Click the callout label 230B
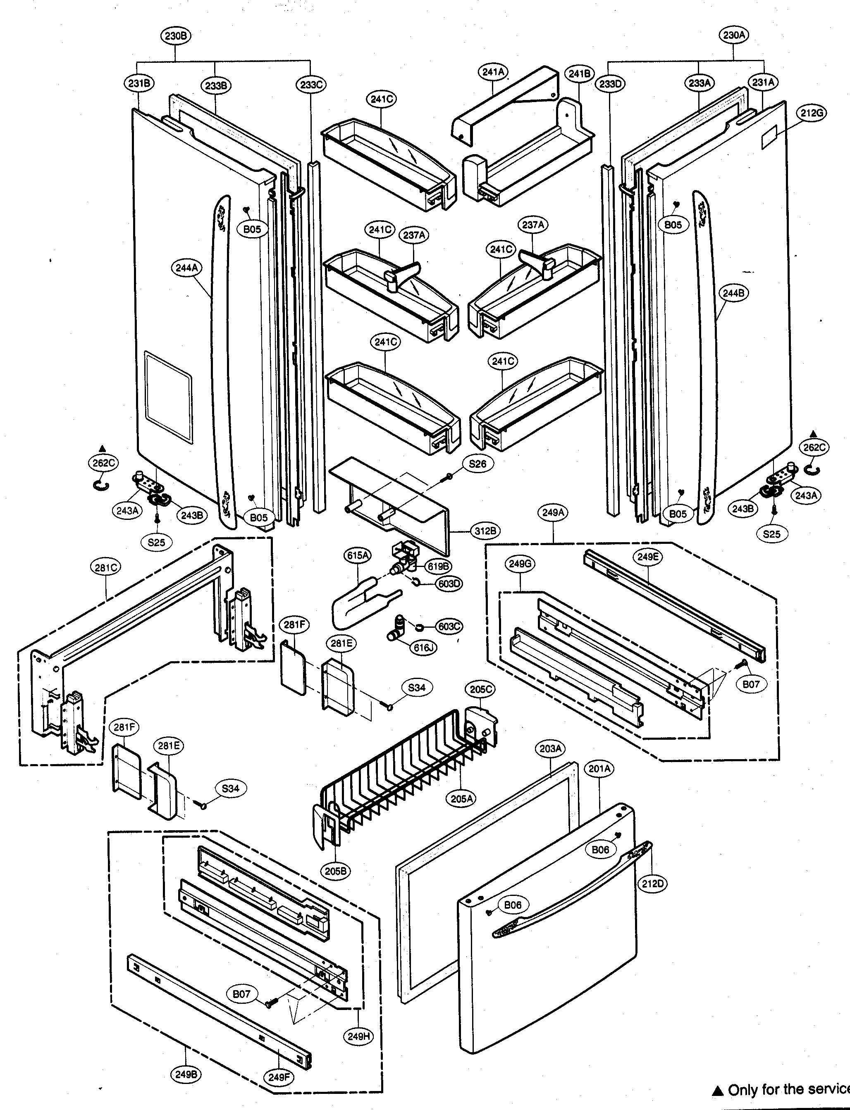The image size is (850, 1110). pos(177,36)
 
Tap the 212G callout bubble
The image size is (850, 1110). pos(812,113)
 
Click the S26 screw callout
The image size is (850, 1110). pos(478,463)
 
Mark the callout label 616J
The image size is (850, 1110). pos(425,647)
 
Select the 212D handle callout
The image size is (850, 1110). pos(653,884)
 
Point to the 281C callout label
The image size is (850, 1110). pos(106,567)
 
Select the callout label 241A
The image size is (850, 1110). pos(493,72)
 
